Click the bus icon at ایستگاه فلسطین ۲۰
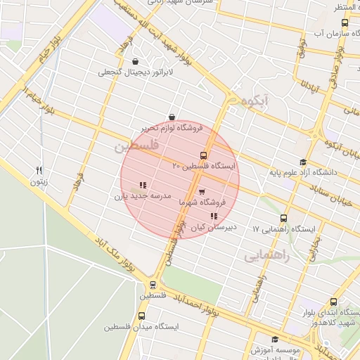pos(204,155)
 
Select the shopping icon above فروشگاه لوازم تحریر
pos(172,117)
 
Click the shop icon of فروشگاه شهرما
pos(202,191)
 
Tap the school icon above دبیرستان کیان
pos(214,217)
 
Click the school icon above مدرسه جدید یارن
pos(143,185)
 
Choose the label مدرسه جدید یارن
pos(143,197)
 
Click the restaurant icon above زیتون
pos(39,170)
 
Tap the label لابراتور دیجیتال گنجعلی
pos(135,71)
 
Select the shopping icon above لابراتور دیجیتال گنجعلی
pos(135,60)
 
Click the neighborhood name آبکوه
pos(254,102)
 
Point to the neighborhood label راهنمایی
pos(267,257)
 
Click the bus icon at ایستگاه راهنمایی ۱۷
pos(284,218)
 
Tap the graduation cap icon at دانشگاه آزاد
pos(303,162)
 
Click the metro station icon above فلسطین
pos(153,285)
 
